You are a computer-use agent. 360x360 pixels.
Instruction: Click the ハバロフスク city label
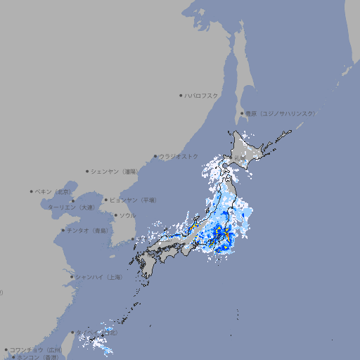(202, 95)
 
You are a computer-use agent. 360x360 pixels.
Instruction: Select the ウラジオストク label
(179, 156)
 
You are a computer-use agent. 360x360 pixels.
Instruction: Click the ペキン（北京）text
(53, 191)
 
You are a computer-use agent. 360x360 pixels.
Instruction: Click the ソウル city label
(127, 215)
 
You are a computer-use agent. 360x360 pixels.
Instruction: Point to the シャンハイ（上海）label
(98, 277)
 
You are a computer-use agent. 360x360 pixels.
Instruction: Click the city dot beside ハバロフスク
(181, 95)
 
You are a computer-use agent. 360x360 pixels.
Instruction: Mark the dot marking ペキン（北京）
(32, 191)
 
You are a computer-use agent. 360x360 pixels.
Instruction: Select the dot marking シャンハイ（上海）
(72, 277)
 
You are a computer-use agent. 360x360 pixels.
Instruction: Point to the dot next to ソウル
(115, 215)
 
